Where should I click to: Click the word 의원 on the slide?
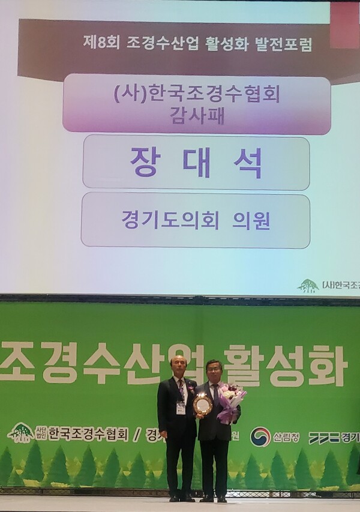[251, 220]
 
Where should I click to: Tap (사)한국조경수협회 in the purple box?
[196, 94]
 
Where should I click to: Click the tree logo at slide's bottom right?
[308, 286]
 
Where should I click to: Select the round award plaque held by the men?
[202, 405]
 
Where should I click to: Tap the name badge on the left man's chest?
[181, 408]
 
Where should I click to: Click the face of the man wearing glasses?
[214, 372]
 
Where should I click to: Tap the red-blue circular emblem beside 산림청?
[260, 436]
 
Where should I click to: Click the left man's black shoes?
[181, 498]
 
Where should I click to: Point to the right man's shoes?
[214, 498]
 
